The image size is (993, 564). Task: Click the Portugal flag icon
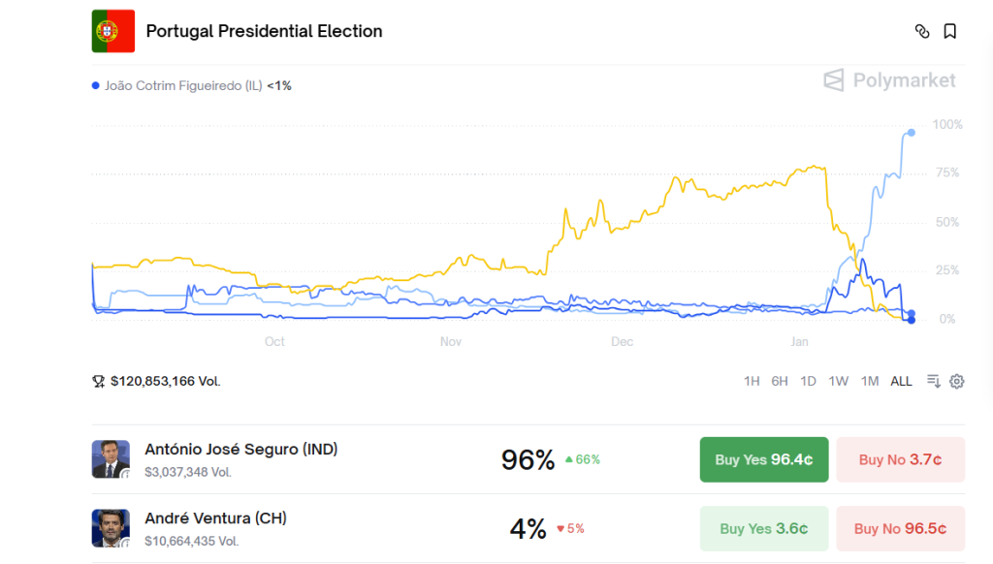pos(113,31)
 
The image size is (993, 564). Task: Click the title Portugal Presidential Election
pos(264,31)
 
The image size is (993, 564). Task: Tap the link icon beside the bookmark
pos(922,31)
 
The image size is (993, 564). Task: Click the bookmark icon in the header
pos(950,31)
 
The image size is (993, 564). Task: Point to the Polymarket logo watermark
pos(889,80)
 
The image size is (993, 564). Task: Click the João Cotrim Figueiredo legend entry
pos(191,85)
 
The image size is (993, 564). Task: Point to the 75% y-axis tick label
pos(945,173)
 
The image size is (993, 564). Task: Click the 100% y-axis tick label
pos(947,125)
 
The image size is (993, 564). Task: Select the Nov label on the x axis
pos(451,342)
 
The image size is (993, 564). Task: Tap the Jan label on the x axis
pos(799,342)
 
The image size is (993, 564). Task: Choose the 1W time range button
pos(839,381)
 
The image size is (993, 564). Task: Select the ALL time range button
pos(902,381)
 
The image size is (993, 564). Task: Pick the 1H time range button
pos(752,381)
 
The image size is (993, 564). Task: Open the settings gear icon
pos(957,381)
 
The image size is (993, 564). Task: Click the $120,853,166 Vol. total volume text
pos(165,381)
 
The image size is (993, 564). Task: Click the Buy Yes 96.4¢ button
pos(764,459)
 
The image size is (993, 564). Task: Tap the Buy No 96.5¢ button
pos(900,529)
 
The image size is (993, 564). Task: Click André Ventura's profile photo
pos(111,528)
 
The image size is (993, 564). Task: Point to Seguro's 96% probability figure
pos(528,459)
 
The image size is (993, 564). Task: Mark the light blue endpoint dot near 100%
pos(911,133)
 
